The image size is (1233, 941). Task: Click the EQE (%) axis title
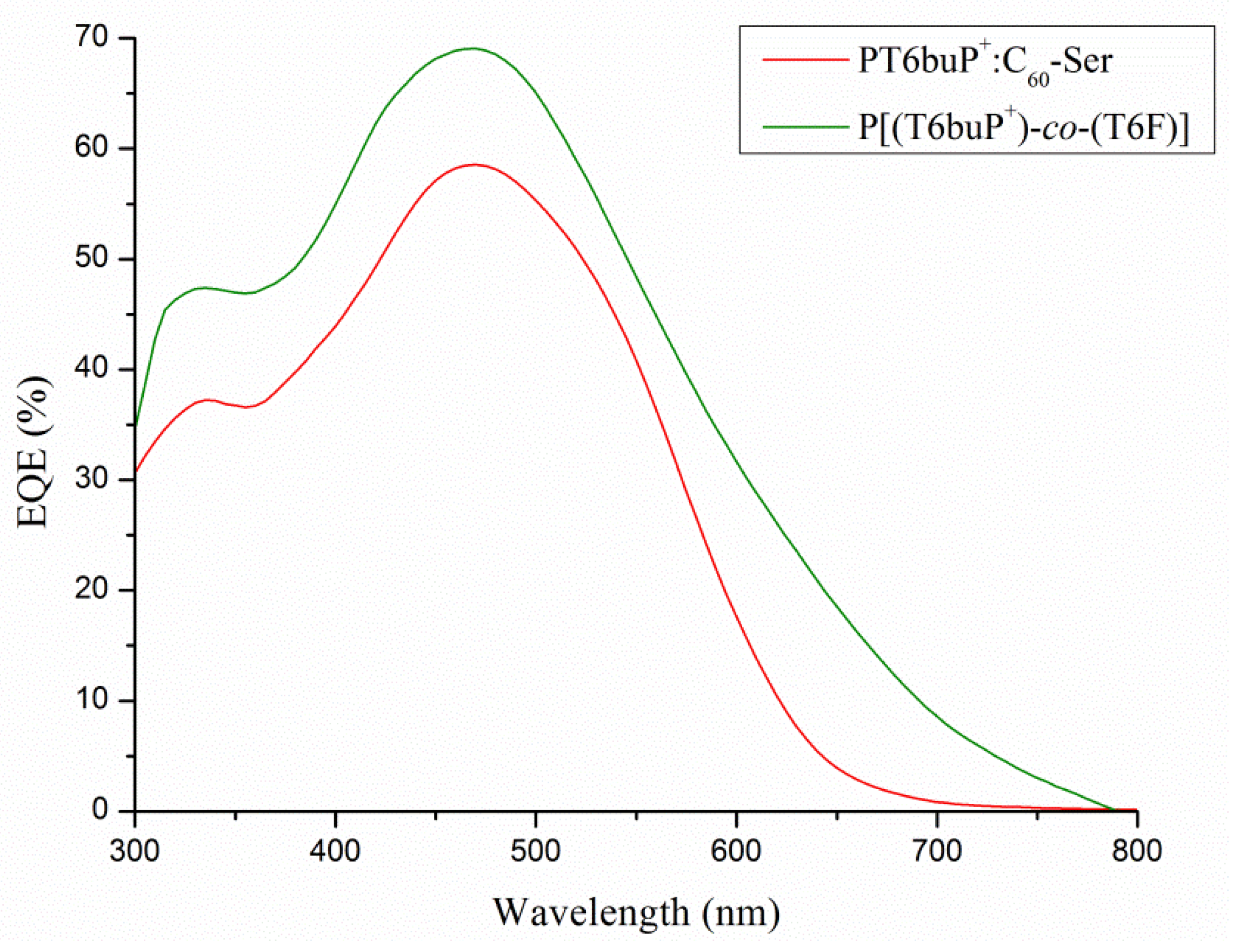pos(35,452)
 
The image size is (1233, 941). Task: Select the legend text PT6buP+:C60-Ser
pos(984,63)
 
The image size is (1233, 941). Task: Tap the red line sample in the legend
pos(805,59)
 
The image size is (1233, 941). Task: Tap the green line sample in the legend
pos(805,126)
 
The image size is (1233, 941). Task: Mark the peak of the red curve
pos(475,165)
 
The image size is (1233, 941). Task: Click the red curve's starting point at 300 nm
pos(136,472)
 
